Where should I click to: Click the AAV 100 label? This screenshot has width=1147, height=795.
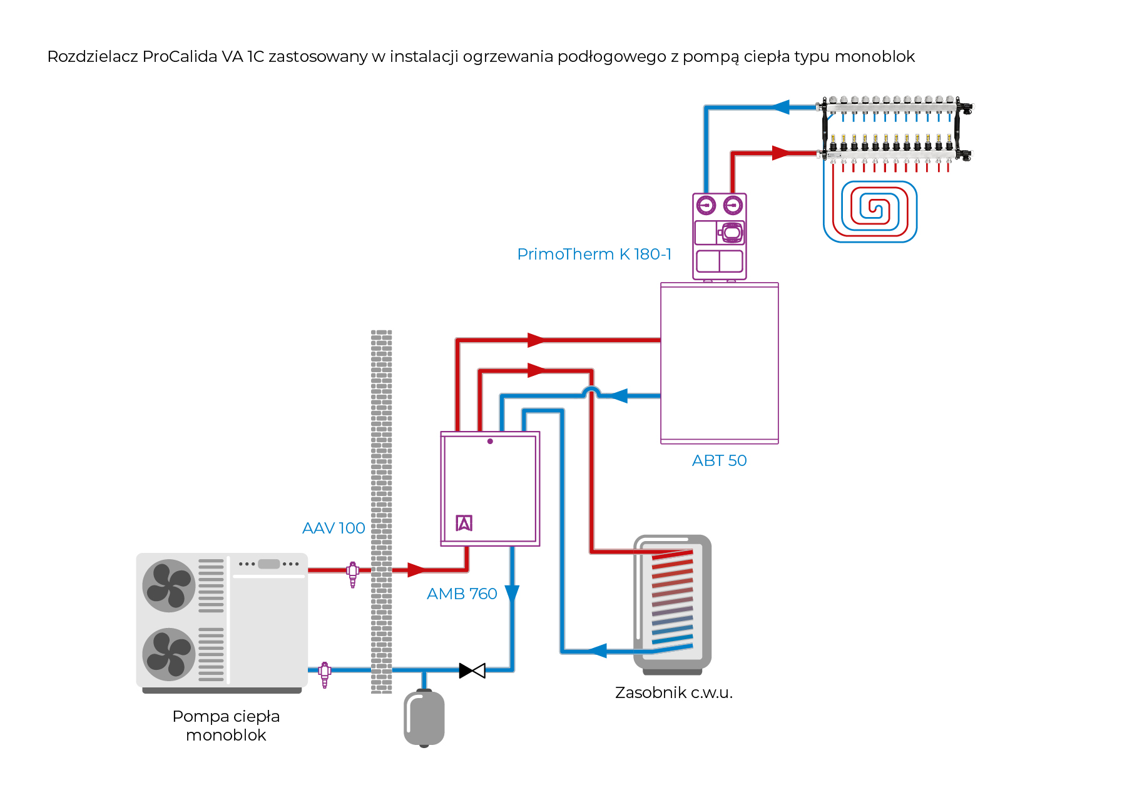click(334, 529)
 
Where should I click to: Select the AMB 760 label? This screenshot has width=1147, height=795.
click(462, 594)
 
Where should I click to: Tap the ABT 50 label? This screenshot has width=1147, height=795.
click(719, 461)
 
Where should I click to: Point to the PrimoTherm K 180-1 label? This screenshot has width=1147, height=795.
click(594, 255)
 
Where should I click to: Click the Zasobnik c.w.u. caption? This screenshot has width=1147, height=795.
click(673, 693)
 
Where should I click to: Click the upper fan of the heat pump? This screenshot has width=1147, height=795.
click(169, 585)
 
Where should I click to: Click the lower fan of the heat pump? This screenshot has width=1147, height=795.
click(169, 654)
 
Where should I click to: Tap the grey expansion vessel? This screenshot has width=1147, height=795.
click(424, 718)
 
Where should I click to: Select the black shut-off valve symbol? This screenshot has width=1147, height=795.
click(472, 671)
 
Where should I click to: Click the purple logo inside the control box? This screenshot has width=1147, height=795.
click(464, 523)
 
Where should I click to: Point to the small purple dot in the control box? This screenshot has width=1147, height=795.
click(490, 442)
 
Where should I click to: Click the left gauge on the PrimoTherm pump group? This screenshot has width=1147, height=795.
click(706, 205)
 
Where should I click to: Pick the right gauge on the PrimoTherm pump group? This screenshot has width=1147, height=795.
click(733, 205)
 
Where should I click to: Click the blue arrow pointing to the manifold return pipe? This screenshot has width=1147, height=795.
click(780, 107)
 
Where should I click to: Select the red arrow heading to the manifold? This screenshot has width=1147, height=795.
click(780, 153)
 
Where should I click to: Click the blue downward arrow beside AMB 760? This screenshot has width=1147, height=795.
click(512, 594)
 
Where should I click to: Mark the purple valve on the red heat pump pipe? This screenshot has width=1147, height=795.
click(353, 573)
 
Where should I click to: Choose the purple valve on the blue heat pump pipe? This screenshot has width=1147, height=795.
click(325, 674)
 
